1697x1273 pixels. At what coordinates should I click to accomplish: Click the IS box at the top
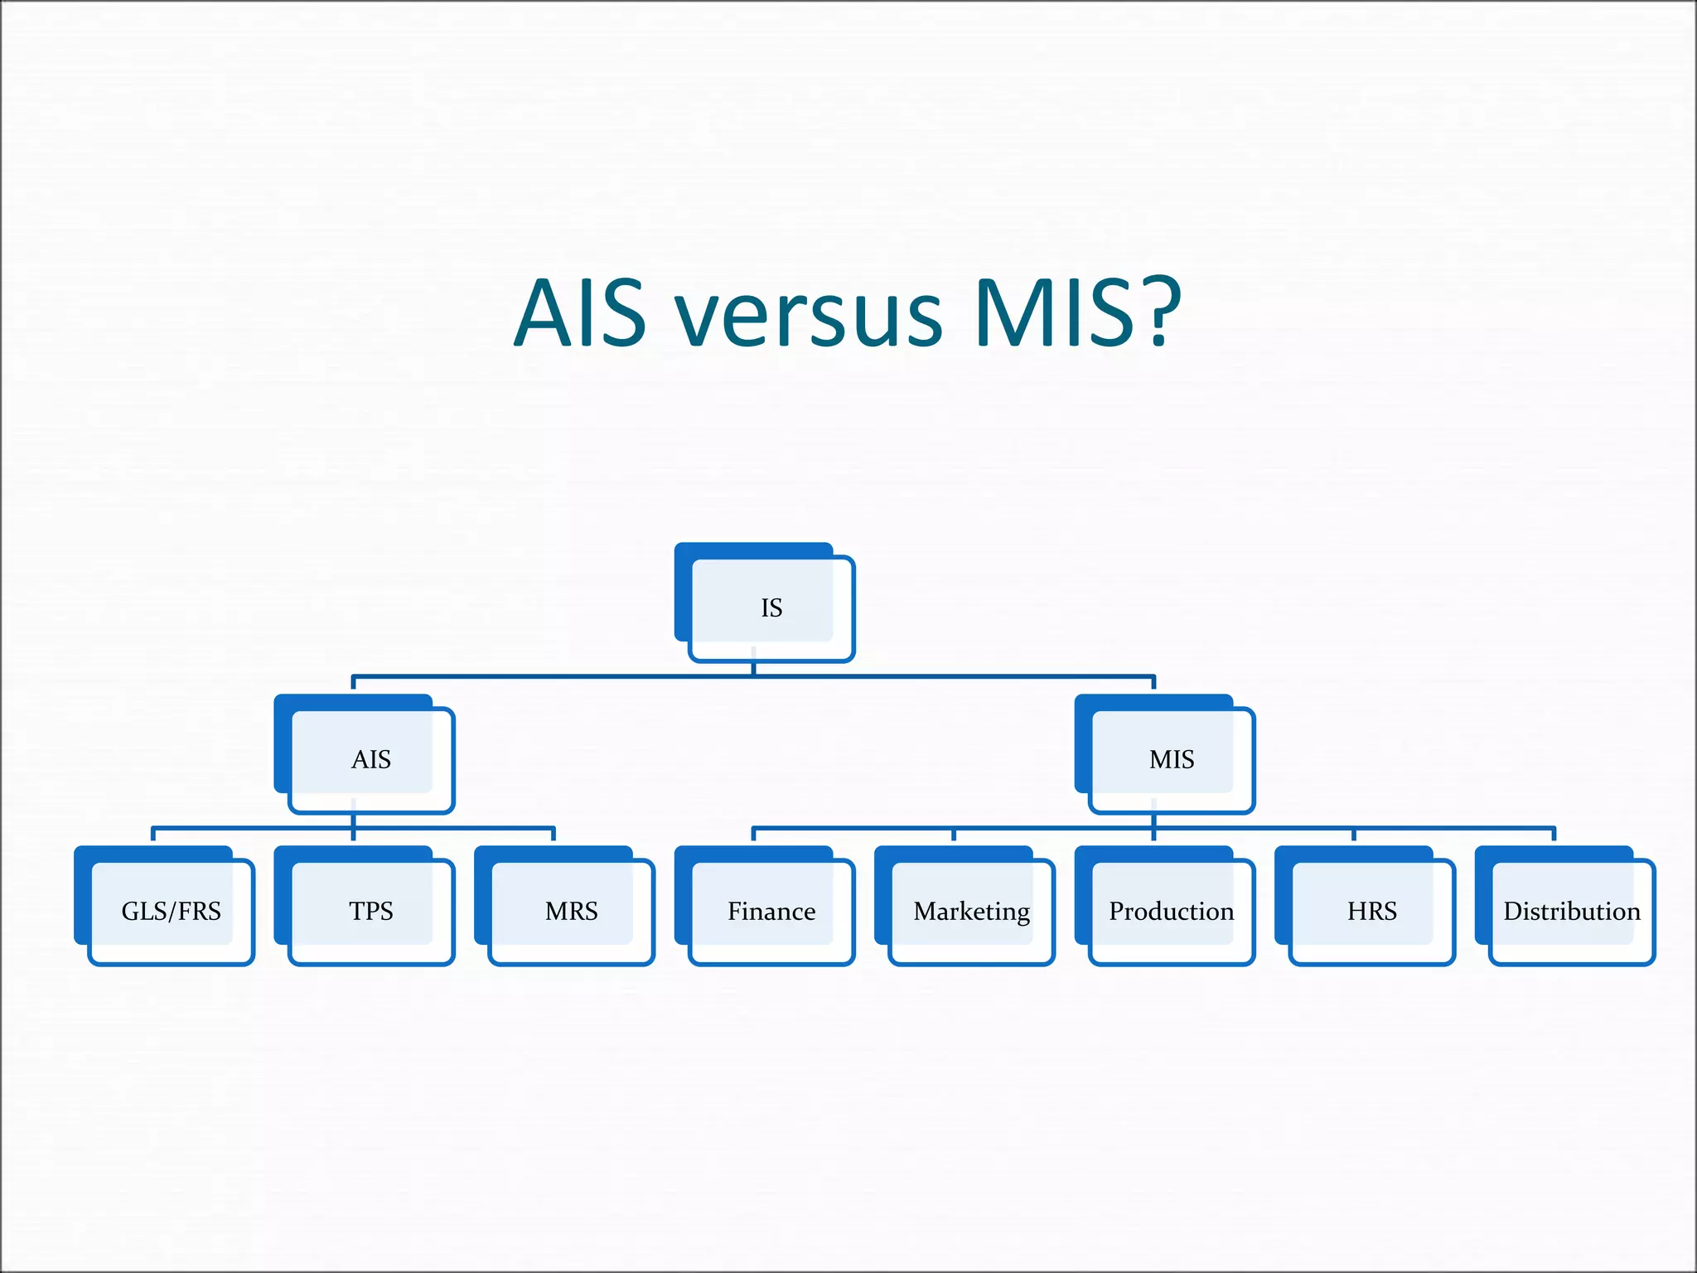click(x=771, y=607)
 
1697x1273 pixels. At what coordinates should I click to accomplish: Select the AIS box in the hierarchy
click(x=370, y=759)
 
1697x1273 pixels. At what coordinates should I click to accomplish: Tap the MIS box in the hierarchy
click(x=1171, y=759)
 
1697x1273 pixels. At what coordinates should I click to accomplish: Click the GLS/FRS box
click(x=171, y=912)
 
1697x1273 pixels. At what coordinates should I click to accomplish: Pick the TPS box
click(x=370, y=912)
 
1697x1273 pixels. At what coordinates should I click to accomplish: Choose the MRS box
click(x=571, y=912)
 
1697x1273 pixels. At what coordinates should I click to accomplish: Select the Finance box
click(x=771, y=912)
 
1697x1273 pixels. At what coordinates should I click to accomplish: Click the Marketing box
click(x=971, y=912)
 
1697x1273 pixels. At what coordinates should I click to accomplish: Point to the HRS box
click(x=1371, y=912)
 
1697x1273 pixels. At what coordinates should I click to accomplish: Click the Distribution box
click(x=1571, y=912)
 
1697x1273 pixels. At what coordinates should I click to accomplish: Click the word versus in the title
click(x=808, y=315)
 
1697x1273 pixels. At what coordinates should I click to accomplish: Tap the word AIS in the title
click(x=579, y=315)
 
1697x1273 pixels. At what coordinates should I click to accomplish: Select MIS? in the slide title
click(x=1077, y=315)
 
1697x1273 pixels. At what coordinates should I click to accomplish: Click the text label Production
click(x=1171, y=911)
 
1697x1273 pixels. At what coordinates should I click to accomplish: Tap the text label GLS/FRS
click(x=171, y=911)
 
